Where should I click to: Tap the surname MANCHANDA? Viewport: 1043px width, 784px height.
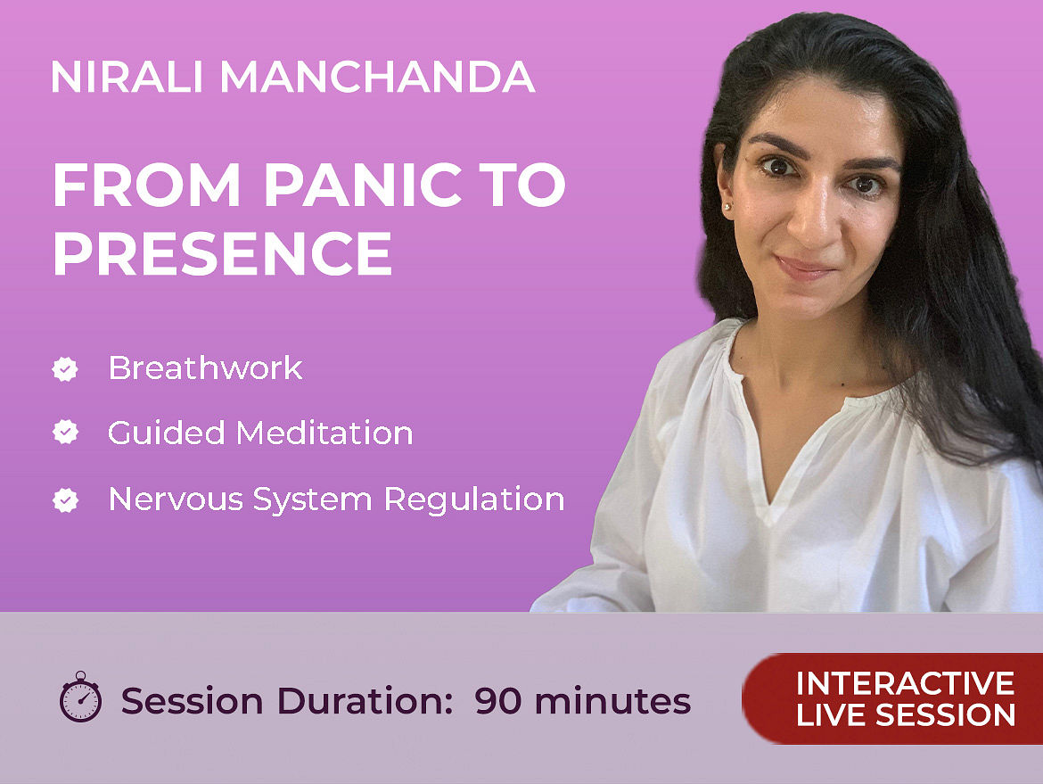pos(377,77)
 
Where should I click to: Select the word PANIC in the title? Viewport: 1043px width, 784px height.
pos(363,185)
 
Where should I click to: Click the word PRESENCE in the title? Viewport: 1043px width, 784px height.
pos(223,253)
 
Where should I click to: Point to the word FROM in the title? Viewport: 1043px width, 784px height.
pos(146,185)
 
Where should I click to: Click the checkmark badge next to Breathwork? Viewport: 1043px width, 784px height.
pos(65,368)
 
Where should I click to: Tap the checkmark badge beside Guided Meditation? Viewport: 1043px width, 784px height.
pos(65,433)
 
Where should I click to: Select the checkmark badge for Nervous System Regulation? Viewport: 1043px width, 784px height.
pos(65,499)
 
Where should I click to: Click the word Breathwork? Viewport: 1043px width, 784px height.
pos(206,368)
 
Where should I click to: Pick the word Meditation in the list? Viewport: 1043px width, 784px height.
pos(324,433)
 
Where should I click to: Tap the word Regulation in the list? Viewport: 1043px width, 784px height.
pos(474,499)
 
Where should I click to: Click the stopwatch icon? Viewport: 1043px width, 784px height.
pos(80,697)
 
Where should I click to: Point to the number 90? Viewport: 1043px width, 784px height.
pos(498,701)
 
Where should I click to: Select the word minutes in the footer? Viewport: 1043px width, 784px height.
pos(612,701)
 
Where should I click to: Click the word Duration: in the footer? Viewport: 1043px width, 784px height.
pos(365,701)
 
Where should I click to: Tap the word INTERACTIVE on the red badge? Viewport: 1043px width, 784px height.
pos(906,683)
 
